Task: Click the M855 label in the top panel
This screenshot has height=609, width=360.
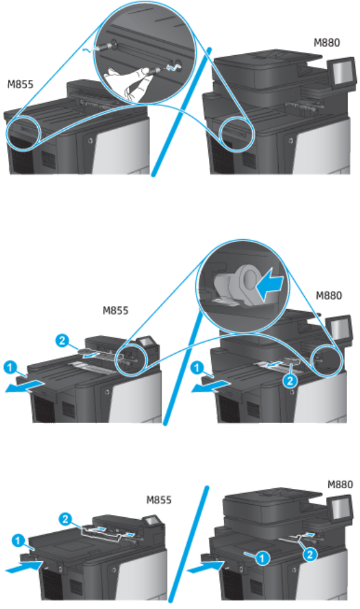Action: pos(20,84)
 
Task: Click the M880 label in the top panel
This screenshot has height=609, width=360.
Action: pos(327,42)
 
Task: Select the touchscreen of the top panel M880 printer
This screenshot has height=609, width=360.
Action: pos(342,72)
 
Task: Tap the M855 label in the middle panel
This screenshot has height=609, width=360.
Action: pos(115,310)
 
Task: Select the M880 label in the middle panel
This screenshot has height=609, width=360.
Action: pos(328,296)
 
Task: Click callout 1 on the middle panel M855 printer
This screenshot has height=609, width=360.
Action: pos(11,367)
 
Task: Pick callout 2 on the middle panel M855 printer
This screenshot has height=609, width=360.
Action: pos(62,341)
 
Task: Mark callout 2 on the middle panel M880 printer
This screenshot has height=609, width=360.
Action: pos(290,380)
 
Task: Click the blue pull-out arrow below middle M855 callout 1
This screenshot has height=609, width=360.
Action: pos(24,386)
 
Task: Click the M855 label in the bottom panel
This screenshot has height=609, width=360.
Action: pos(159,499)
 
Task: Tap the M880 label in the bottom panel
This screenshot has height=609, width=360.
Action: pos(340,484)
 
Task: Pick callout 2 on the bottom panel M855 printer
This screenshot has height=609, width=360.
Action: pos(65,519)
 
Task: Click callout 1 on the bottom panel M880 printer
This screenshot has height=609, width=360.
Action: pos(263,558)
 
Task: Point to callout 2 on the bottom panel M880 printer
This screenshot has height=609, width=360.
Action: pos(310,554)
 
